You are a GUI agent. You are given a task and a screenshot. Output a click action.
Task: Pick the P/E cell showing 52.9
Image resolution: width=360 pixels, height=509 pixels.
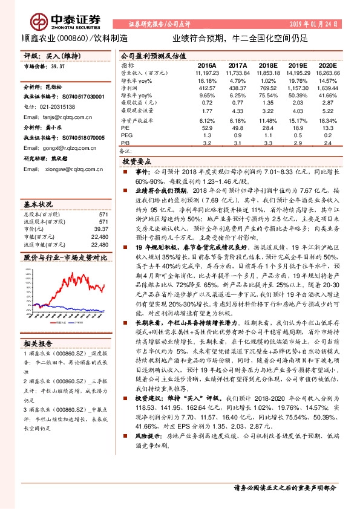[207, 128]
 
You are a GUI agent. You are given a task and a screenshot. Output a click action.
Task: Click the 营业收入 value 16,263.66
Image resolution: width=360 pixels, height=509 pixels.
[327, 72]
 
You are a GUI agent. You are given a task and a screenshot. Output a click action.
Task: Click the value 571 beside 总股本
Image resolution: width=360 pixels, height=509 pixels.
[103, 215]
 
